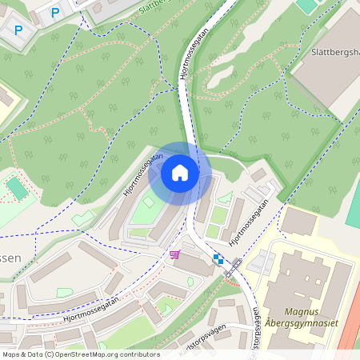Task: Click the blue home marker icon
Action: [x=180, y=172]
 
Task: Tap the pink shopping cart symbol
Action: [x=174, y=254]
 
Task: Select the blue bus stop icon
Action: [x=218, y=258]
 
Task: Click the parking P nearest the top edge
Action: [x=55, y=12]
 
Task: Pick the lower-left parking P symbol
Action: [x=18, y=31]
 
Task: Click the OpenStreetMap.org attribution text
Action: [x=108, y=354]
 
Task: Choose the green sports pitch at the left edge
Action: [x=16, y=189]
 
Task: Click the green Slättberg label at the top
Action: [x=167, y=7]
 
